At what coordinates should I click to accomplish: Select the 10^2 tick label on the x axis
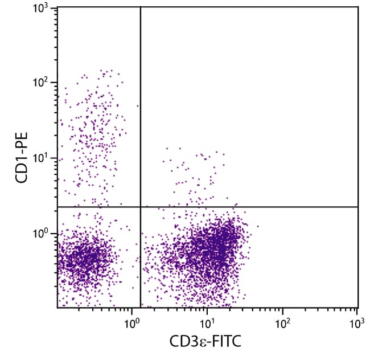pyautogui.click(x=282, y=322)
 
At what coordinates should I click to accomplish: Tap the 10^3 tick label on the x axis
pyautogui.click(x=357, y=322)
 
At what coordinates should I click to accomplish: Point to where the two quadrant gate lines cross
pyautogui.click(x=140, y=207)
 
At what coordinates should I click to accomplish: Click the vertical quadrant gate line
pyautogui.click(x=140, y=114)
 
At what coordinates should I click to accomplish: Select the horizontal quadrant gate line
pyautogui.click(x=256, y=207)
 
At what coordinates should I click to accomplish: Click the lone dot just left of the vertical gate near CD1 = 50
pyautogui.click(x=137, y=106)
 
